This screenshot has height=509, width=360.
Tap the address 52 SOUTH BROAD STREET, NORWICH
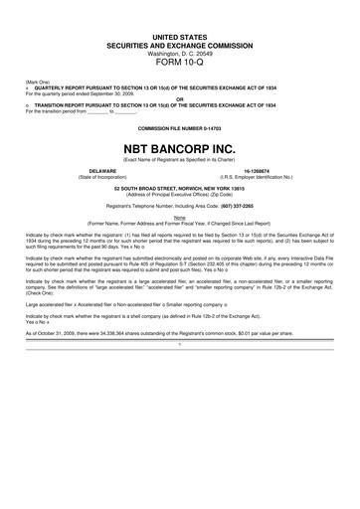click(180, 187)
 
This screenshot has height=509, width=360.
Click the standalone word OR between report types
click(180, 98)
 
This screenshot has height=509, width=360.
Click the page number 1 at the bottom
click(180, 343)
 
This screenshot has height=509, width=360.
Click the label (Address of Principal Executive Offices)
click(180, 193)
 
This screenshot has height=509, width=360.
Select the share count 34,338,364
click(111, 333)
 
